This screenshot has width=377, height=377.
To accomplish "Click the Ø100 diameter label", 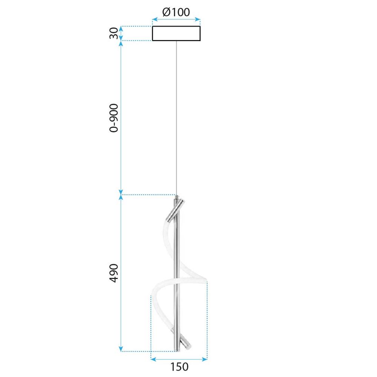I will click(x=176, y=12).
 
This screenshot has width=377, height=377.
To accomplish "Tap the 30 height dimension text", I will click(x=114, y=34).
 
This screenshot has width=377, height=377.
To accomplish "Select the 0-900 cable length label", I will click(x=114, y=118).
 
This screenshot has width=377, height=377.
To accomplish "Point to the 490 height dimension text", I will click(x=114, y=273).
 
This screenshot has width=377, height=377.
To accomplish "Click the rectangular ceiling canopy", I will click(x=176, y=34).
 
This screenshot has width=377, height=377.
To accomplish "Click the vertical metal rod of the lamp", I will click(x=176, y=271).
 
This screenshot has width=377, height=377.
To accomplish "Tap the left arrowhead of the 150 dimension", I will click(x=153, y=359).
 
